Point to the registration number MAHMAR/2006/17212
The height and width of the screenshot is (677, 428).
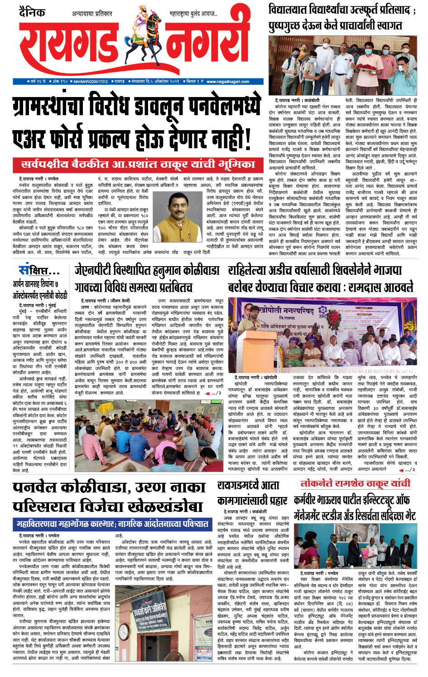(91, 82)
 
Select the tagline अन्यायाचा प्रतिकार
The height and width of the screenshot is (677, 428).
(92, 14)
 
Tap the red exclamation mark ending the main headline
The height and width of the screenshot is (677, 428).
(248, 141)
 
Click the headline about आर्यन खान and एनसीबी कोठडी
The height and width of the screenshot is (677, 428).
(40, 289)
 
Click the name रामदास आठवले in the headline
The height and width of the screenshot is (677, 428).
(381, 287)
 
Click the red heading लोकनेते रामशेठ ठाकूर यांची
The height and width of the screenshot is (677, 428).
(355, 483)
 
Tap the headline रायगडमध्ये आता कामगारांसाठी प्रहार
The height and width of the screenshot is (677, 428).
(252, 493)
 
